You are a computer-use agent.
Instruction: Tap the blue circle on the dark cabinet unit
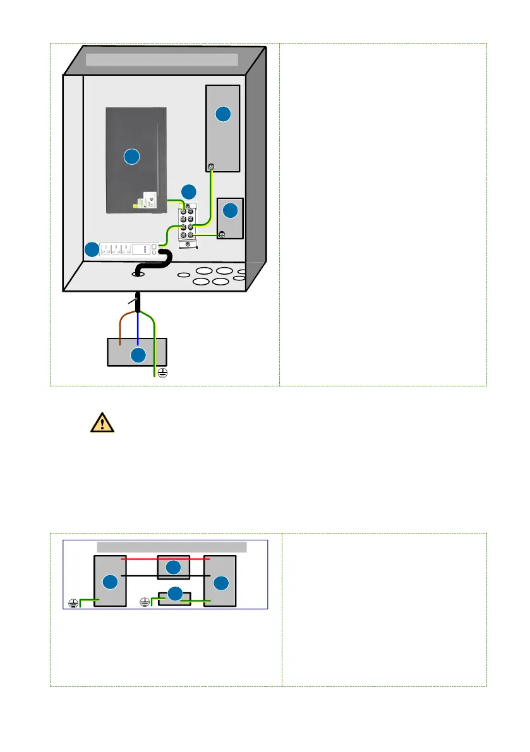[131, 157]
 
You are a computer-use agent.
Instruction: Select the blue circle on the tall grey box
[222, 114]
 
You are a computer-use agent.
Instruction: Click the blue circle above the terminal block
[188, 191]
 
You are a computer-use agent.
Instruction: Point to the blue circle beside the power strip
[92, 250]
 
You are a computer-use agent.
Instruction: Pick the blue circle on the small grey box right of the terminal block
[231, 210]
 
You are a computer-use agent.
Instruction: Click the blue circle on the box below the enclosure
[138, 355]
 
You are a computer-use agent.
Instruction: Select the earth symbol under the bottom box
[162, 373]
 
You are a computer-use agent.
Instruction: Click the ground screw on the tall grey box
[212, 167]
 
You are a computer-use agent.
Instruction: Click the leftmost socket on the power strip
[105, 249]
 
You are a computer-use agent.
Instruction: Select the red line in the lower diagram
[166, 559]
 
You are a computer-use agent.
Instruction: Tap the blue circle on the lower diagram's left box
[110, 582]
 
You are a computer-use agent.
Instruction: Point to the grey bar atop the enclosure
[161, 60]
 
